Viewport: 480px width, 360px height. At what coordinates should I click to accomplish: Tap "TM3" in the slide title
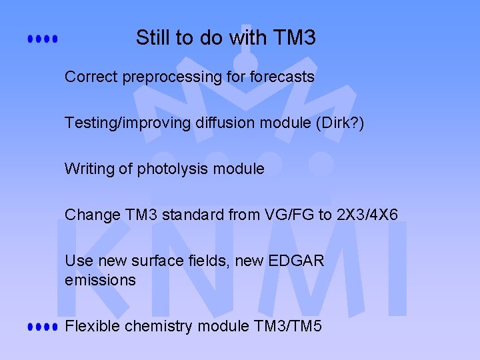(x=294, y=38)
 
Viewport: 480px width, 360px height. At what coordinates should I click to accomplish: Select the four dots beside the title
(x=43, y=39)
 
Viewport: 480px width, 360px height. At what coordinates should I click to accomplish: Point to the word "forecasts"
(x=281, y=77)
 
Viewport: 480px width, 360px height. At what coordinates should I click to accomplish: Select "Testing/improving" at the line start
(x=119, y=123)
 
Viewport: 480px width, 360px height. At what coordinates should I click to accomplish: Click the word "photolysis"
(x=169, y=169)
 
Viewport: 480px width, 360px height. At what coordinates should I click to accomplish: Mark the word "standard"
(x=187, y=215)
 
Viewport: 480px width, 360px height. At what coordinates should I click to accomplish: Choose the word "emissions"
(x=100, y=280)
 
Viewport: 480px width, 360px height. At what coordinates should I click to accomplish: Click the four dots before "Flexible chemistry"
(x=43, y=327)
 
